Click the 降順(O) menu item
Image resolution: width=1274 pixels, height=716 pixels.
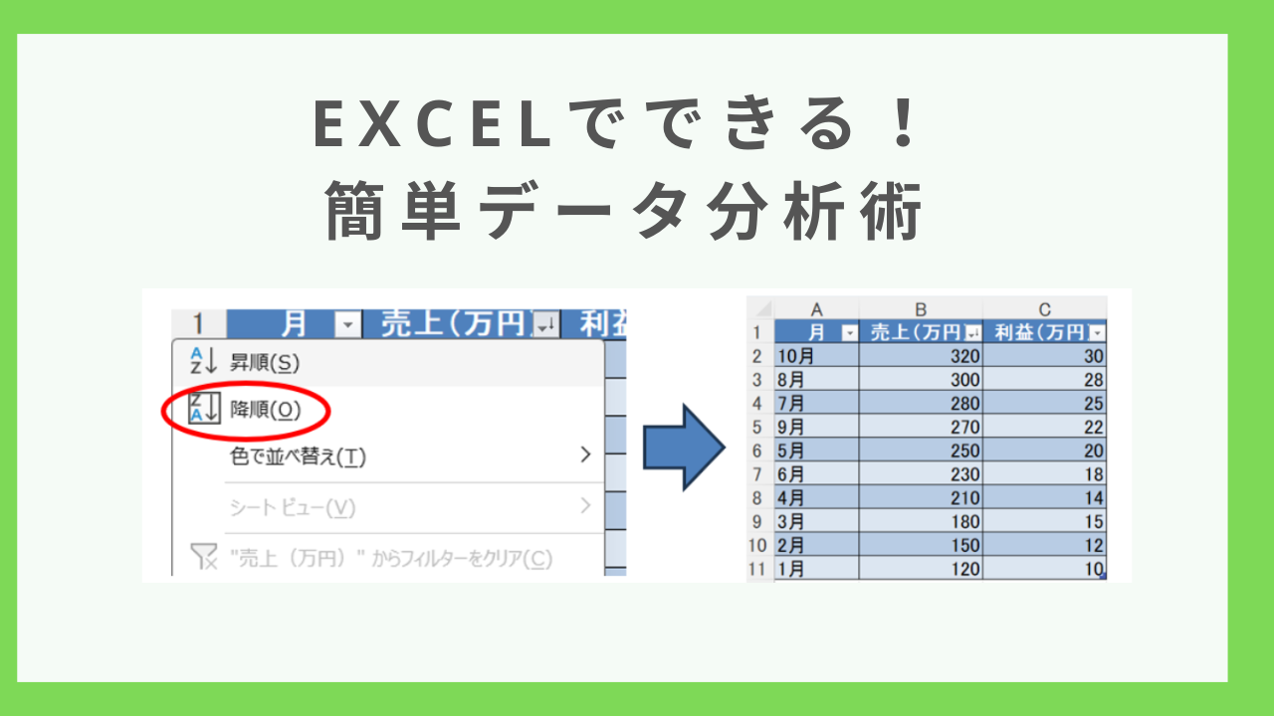pyautogui.click(x=265, y=410)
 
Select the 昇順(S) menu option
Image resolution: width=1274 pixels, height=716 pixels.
pyautogui.click(x=265, y=363)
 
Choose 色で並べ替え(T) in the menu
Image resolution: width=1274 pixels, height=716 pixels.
pyautogui.click(x=298, y=456)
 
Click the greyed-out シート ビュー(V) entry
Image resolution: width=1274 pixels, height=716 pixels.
pyautogui.click(x=293, y=507)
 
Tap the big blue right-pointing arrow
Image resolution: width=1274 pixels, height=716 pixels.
pyautogui.click(x=684, y=447)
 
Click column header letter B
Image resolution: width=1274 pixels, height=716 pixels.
pyautogui.click(x=921, y=309)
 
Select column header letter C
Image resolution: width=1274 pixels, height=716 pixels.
pyautogui.click(x=1045, y=309)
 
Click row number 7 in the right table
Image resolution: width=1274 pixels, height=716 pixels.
pyautogui.click(x=757, y=474)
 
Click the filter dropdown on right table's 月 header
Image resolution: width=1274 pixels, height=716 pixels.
pyautogui.click(x=849, y=333)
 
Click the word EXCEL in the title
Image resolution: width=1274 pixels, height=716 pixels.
pyautogui.click(x=432, y=124)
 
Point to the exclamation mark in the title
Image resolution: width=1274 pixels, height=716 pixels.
pyautogui.click(x=904, y=123)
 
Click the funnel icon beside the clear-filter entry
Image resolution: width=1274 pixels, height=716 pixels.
pyautogui.click(x=203, y=556)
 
